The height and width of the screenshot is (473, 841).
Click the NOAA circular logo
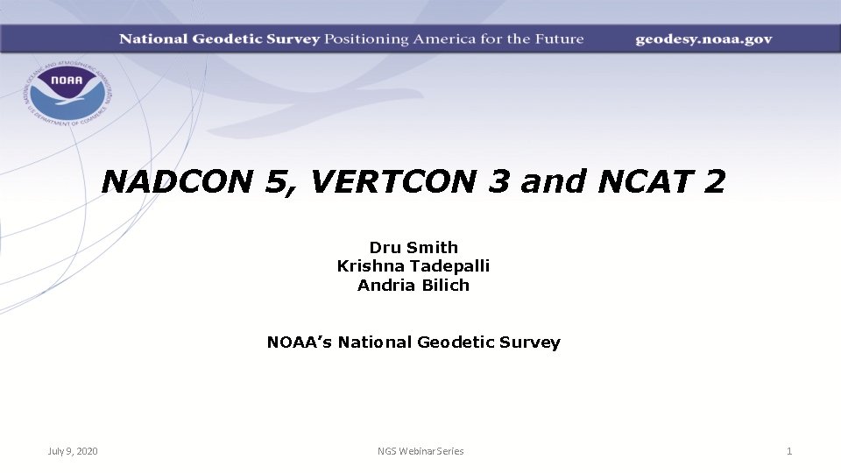[66, 91]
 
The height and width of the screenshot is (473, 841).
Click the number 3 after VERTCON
[498, 181]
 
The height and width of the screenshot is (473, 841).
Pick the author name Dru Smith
[413, 248]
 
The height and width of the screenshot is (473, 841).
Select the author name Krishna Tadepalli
[413, 266]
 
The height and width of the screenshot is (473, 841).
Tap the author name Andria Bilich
[413, 285]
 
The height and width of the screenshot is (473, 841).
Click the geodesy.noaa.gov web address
[703, 39]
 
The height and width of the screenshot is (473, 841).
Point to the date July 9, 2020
[73, 451]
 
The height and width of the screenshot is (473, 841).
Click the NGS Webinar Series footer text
[420, 451]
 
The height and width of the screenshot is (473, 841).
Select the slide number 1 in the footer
[789, 451]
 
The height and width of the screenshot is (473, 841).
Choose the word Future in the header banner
[557, 39]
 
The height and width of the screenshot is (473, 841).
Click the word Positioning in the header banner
[367, 39]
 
